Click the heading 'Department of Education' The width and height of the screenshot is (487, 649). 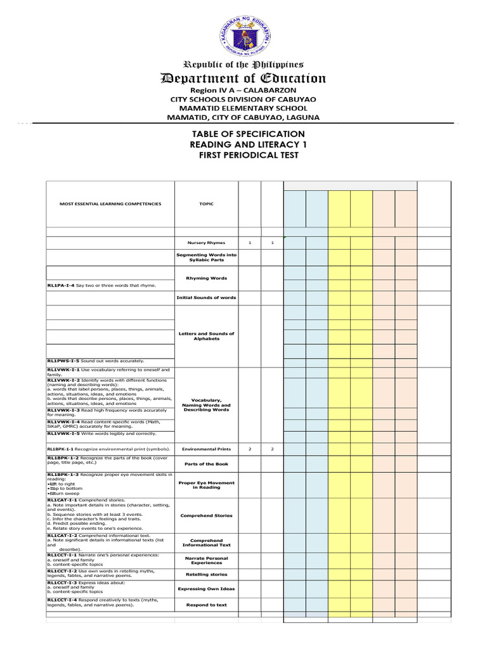tap(243, 79)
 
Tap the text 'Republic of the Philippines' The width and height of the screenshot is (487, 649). tap(243, 65)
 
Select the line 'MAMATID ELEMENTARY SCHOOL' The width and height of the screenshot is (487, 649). tap(243, 108)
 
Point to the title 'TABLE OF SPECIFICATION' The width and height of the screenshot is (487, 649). tap(243, 134)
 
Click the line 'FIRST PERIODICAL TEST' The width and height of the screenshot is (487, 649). tap(243, 155)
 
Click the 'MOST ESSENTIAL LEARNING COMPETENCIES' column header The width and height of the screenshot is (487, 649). tap(110, 204)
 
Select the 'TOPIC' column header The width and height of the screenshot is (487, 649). tap(205, 204)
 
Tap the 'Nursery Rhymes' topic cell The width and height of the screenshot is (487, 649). tap(205, 243)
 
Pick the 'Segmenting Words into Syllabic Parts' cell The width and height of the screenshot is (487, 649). tap(205, 257)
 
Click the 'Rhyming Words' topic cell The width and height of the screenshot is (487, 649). tap(205, 278)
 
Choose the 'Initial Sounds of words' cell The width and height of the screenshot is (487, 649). tap(205, 297)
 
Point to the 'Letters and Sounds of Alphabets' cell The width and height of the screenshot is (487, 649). tap(205, 336)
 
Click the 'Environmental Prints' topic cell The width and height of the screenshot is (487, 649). tap(205, 449)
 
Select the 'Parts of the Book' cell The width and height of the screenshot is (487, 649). tap(205, 464)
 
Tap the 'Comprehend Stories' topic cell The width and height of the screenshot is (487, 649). tap(205, 516)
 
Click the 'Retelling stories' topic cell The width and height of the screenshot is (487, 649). tap(205, 574)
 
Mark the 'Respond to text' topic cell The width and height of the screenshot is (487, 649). tap(205, 605)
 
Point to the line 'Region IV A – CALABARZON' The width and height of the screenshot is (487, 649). tap(243, 90)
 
